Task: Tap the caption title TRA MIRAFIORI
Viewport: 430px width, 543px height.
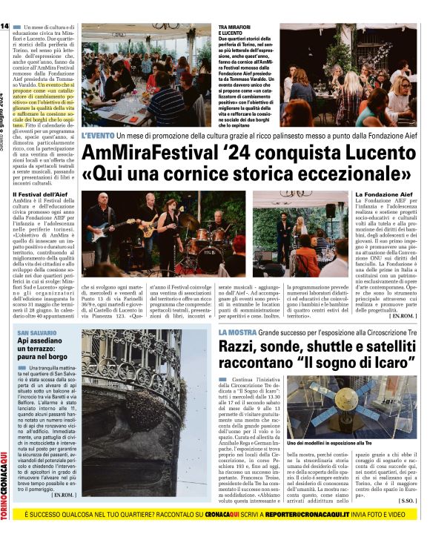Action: (x=235, y=27)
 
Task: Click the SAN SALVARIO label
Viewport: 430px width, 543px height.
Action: (x=33, y=333)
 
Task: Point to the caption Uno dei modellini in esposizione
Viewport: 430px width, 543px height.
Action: (x=329, y=442)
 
